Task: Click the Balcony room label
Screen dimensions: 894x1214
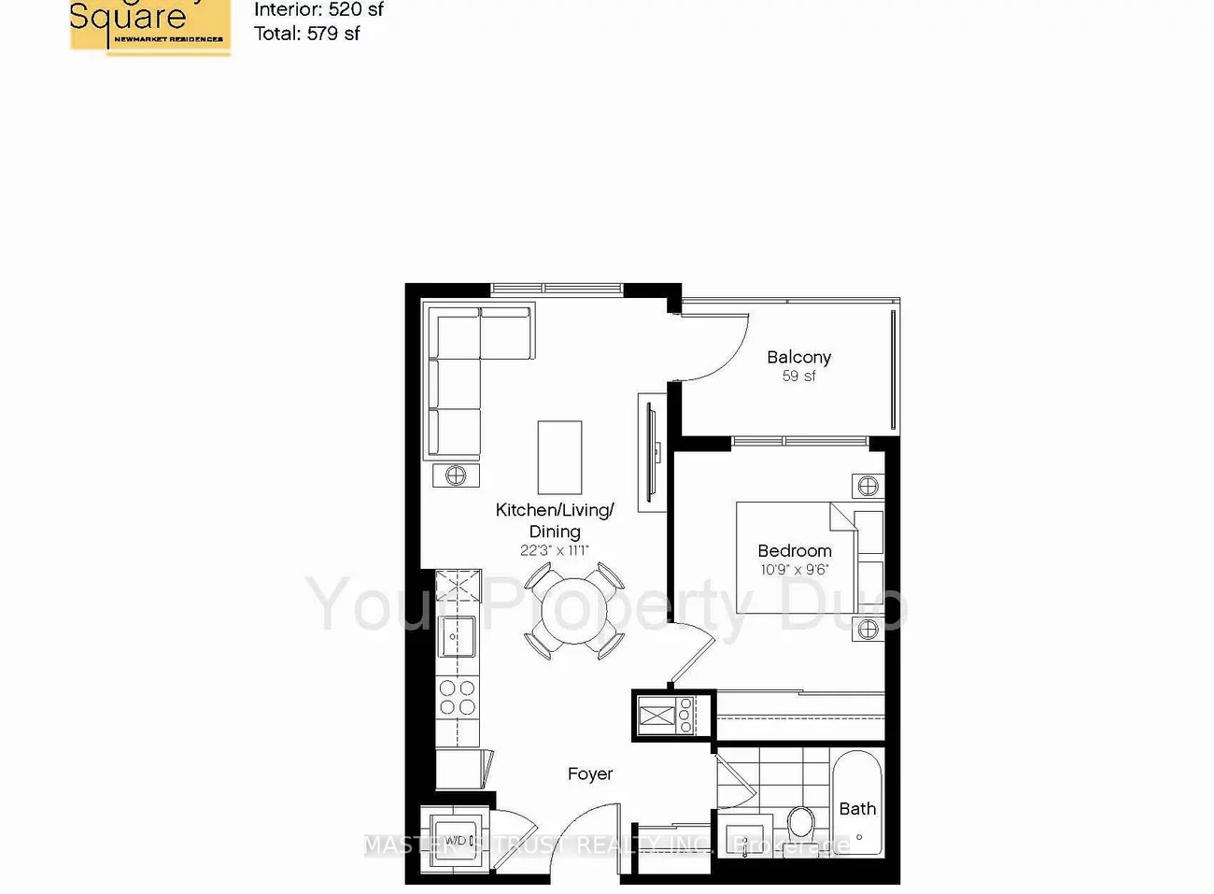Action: (798, 357)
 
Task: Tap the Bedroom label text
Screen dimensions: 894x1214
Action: (795, 550)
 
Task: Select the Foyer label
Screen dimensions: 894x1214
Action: (590, 773)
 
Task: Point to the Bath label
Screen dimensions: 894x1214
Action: (857, 808)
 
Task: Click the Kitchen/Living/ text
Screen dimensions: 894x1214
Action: (555, 510)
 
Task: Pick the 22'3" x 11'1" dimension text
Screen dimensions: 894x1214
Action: (555, 550)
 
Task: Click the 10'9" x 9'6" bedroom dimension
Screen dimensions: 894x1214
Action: (795, 569)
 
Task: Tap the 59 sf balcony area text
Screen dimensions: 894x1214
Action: (798, 376)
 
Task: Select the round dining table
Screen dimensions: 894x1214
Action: (573, 611)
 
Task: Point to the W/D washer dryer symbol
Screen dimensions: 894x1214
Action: (456, 840)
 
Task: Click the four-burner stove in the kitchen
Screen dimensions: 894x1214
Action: (458, 697)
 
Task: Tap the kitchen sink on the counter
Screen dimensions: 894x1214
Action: (457, 636)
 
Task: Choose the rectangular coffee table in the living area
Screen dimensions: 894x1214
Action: (559, 457)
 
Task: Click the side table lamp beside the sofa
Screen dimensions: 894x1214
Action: (456, 475)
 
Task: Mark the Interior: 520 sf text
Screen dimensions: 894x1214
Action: (318, 10)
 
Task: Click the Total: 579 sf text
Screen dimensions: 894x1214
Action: (306, 34)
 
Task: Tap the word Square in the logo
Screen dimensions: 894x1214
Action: (128, 17)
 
